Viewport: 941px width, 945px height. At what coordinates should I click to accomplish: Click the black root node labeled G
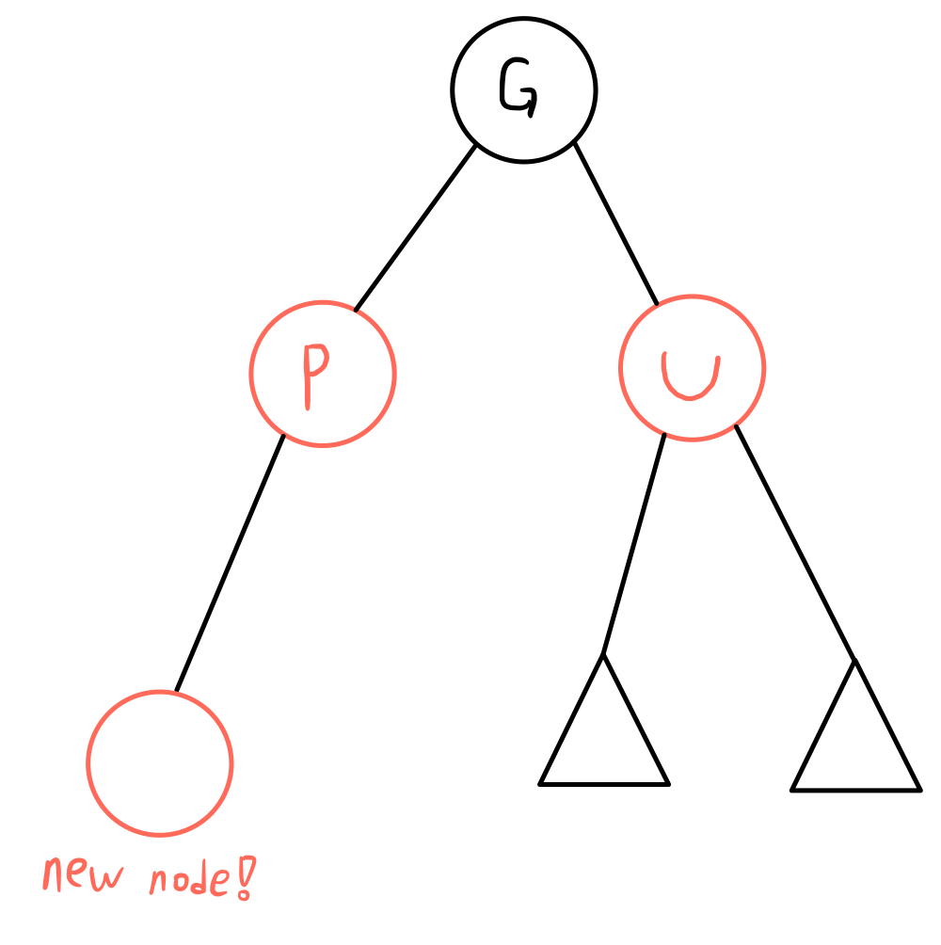pyautogui.click(x=523, y=89)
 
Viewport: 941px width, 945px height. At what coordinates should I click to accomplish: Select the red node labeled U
pyautogui.click(x=692, y=368)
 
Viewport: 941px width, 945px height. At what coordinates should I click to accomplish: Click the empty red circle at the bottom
pyautogui.click(x=160, y=762)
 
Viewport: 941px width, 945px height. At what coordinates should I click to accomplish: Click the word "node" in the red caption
pyautogui.click(x=188, y=881)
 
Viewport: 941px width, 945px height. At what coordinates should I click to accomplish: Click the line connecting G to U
pyautogui.click(x=615, y=224)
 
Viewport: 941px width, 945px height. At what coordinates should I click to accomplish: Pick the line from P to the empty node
pyautogui.click(x=230, y=562)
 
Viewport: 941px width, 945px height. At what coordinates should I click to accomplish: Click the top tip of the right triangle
pyautogui.click(x=855, y=662)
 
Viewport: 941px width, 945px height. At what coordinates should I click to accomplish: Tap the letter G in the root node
pyautogui.click(x=518, y=89)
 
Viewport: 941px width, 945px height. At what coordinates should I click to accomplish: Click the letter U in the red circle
pyautogui.click(x=690, y=376)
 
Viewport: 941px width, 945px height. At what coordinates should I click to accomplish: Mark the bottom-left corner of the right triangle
pyautogui.click(x=793, y=789)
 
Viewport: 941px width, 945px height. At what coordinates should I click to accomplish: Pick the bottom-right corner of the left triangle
pyautogui.click(x=667, y=782)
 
